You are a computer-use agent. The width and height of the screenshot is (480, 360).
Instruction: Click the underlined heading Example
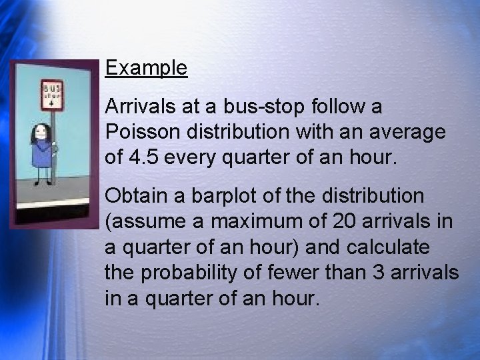146,68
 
